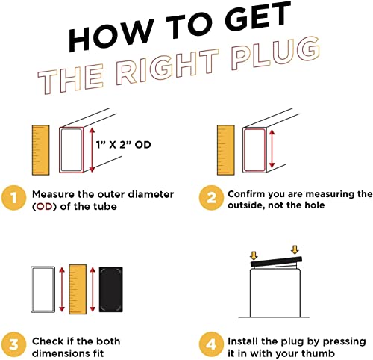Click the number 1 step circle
coord(13,198)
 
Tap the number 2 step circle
coord(211,198)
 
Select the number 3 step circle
coord(13,344)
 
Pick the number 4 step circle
coord(211,344)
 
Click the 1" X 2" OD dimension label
coord(124,145)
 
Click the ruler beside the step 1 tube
coord(41,150)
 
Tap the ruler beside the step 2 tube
coord(226,150)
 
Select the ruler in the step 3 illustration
coord(78,289)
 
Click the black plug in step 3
coord(111,290)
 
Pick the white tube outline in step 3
coord(43,290)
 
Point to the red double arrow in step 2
coord(272,149)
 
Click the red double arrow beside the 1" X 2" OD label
coord(92,150)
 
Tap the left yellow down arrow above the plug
coord(254,256)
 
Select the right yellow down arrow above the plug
coord(295,249)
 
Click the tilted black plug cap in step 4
coord(276,262)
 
